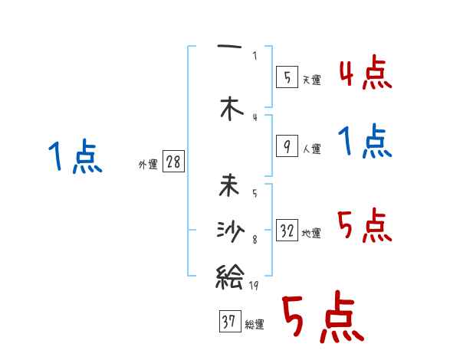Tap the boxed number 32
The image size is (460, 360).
(286, 232)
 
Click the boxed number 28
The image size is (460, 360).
(173, 163)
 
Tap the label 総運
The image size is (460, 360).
(255, 325)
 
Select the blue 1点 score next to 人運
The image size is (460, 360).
(365, 142)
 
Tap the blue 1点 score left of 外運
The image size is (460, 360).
(74, 158)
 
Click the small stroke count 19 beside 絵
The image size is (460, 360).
(255, 287)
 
